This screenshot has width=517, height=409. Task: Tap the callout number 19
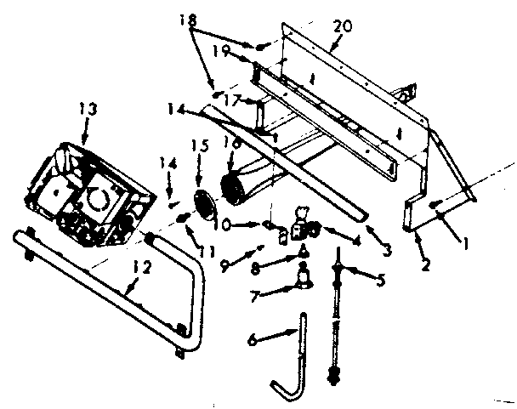(x=222, y=51)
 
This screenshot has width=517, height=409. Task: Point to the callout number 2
(x=427, y=265)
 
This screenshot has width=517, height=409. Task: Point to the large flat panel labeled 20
(x=357, y=102)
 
